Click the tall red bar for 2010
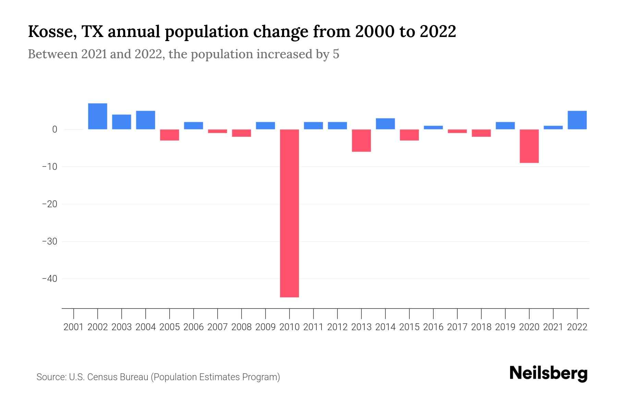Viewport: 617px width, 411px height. (289, 213)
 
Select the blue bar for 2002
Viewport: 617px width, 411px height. (97, 116)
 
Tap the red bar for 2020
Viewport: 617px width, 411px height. (529, 146)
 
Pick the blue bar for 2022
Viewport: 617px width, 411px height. (577, 120)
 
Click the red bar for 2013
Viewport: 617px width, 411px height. (361, 140)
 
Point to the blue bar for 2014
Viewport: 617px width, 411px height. (385, 124)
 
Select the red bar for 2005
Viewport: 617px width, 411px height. (169, 135)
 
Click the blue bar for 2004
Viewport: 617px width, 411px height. (145, 120)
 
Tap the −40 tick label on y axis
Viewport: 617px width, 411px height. (49, 279)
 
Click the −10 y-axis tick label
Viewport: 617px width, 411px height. (49, 167)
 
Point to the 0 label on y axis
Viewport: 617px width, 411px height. (55, 129)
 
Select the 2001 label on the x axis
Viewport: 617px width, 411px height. (73, 327)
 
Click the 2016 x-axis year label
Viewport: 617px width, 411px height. (433, 327)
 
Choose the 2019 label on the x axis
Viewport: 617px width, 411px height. (505, 327)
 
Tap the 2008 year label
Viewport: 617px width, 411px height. (241, 327)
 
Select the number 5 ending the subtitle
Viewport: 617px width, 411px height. (336, 54)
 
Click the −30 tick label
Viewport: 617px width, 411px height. (49, 241)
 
